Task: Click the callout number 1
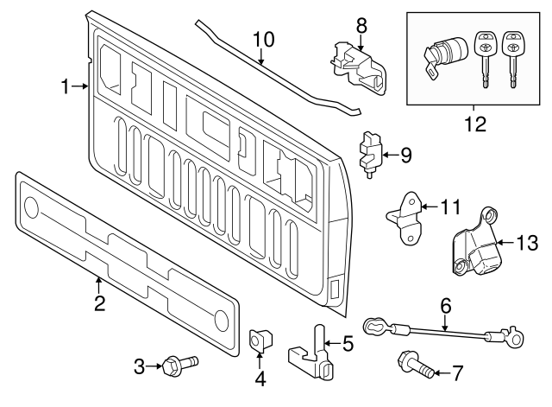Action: click(66, 86)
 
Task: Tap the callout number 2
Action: click(99, 302)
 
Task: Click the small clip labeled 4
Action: click(257, 341)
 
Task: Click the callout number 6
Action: click(445, 305)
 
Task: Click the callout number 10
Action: click(262, 38)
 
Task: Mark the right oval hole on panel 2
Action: click(222, 319)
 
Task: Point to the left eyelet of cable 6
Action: click(373, 326)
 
